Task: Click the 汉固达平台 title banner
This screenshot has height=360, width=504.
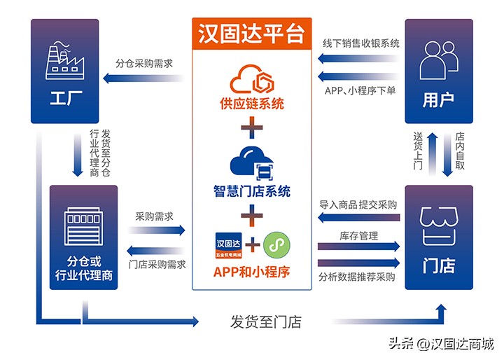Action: point(251,34)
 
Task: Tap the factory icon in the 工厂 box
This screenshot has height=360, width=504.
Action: point(67,59)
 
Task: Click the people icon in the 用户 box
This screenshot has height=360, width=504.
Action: point(438,60)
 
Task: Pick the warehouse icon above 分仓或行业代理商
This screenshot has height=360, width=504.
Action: point(83,226)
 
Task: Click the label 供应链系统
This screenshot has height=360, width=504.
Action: point(251,104)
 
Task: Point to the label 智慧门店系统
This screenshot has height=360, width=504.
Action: point(251,191)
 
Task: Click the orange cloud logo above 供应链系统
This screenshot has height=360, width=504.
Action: point(251,78)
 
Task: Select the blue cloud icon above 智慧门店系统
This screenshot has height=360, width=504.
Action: point(251,162)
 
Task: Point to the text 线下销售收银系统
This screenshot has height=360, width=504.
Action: point(361,43)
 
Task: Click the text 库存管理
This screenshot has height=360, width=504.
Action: point(358,235)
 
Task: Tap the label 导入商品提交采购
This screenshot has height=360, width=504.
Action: point(358,205)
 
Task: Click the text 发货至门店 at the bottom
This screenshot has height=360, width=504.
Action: point(266,323)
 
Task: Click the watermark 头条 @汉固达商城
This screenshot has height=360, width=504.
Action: point(441,345)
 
